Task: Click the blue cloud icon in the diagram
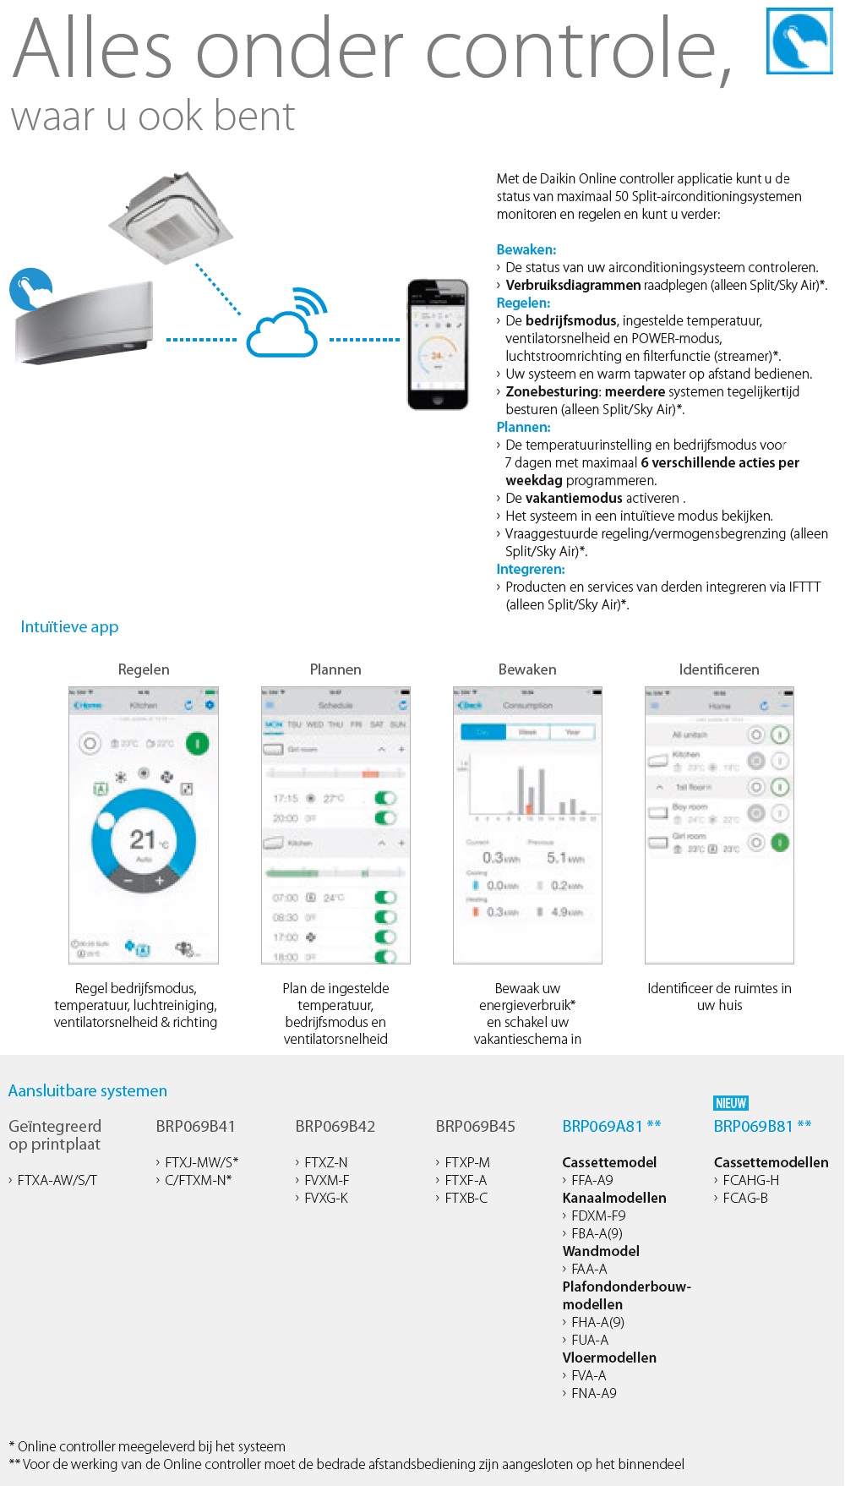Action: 282,335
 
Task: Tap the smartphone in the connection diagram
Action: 437,344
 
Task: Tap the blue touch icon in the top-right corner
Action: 799,41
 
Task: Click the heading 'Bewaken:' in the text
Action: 526,249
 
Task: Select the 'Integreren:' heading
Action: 531,569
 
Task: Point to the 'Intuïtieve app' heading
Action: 69,626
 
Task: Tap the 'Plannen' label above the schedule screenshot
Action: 335,669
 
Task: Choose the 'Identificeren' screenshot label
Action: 719,669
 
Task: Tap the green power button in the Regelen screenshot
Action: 197,744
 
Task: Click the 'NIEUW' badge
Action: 731,1103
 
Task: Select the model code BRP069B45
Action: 475,1126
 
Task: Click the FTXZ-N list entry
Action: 325,1162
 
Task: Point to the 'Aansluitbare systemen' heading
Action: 88,1090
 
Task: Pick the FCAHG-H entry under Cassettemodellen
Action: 750,1180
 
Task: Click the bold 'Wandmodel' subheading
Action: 601,1251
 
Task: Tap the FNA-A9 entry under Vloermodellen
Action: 593,1393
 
